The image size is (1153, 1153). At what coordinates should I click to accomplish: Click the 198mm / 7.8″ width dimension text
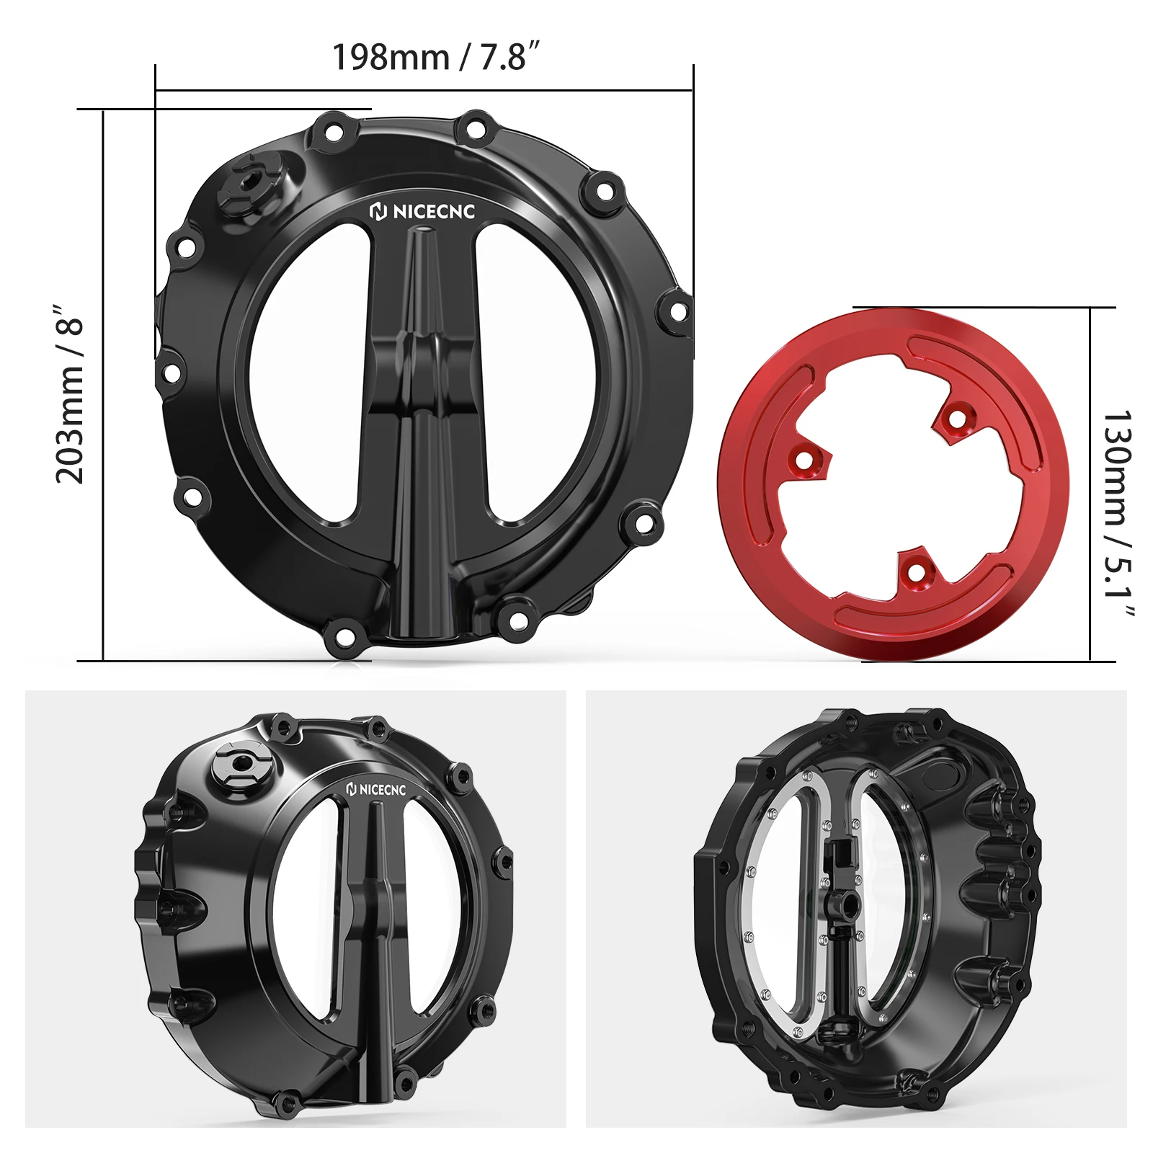pos(435,57)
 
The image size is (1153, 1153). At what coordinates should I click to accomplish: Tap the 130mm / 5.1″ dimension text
pos(1118,514)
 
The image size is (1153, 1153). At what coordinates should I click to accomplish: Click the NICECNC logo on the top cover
pos(423,212)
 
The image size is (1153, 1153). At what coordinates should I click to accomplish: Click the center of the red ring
pos(892,484)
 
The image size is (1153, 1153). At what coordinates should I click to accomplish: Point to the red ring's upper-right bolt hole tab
pos(956,419)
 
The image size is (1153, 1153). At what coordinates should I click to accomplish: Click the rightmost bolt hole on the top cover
pos(677,311)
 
